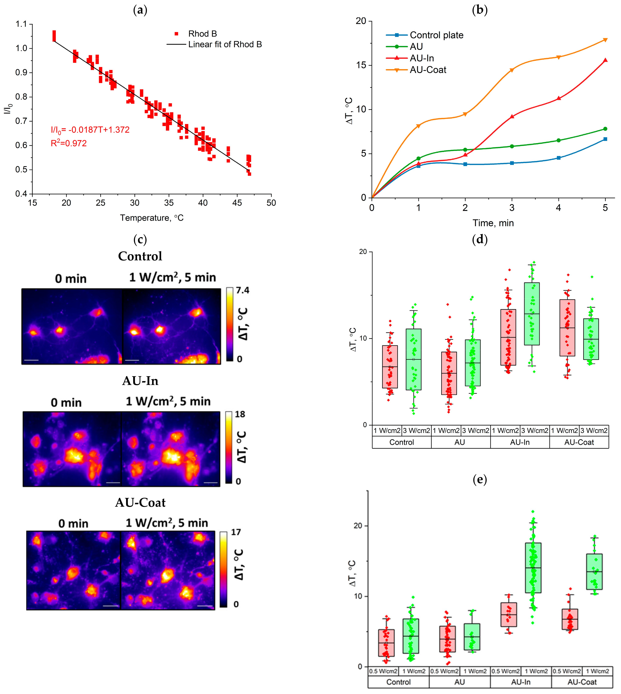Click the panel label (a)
pos(140,10)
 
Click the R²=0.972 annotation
pos(69,143)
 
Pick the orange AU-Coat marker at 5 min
pos(605,40)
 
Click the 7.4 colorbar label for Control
pos(243,290)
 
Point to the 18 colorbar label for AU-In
pos(240,414)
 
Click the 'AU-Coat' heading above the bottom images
pos(140,502)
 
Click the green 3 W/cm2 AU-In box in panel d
pos(532,314)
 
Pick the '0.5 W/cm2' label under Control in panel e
pos(383,671)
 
